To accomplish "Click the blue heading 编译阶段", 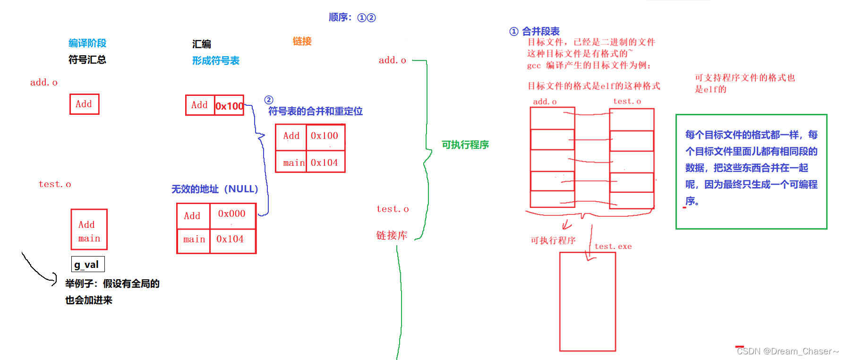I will [x=87, y=43].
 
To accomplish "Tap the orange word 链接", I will [x=302, y=41].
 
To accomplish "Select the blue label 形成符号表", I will [x=215, y=60].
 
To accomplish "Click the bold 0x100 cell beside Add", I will [x=230, y=106].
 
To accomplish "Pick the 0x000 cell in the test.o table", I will [x=232, y=214].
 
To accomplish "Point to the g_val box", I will [x=87, y=264].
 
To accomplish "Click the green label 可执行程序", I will [x=465, y=145].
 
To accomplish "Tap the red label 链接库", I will [x=392, y=235].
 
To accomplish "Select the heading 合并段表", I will [x=540, y=31].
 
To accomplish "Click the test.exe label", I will [x=613, y=246].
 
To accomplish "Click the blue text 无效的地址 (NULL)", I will [x=214, y=189].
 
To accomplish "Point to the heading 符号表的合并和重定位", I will [x=315, y=111].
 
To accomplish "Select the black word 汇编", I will [x=202, y=44].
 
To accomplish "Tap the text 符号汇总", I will [x=87, y=60].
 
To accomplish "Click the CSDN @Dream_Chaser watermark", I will [x=787, y=351].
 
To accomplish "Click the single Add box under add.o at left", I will [x=84, y=104].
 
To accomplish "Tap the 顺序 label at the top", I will [x=340, y=17].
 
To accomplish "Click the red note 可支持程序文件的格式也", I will [x=744, y=77].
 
